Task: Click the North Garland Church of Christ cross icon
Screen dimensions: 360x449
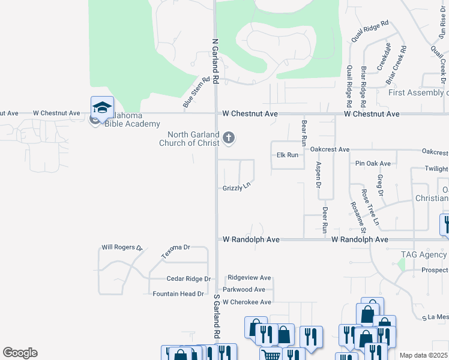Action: pos(228,139)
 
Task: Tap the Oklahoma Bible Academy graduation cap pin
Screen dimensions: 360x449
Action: pos(102,107)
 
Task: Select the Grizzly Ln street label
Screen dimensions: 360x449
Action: pos(236,188)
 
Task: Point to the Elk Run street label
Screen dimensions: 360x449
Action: pos(287,155)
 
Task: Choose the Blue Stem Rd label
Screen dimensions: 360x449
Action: pos(196,92)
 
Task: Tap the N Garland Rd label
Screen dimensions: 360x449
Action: pos(215,61)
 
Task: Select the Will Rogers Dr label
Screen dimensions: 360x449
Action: pos(122,247)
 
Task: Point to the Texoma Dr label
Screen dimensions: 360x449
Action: pos(175,251)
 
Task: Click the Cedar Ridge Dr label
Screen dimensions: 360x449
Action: pos(188,279)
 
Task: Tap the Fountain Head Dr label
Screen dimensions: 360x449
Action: pos(179,294)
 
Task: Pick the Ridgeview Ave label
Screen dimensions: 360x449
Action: pos(249,278)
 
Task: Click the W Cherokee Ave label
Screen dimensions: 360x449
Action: pos(247,302)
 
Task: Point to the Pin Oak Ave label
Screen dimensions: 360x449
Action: pos(373,163)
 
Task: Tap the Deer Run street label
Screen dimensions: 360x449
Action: pos(325,220)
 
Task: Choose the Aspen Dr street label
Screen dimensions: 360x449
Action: pos(318,174)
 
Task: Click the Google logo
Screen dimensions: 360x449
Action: pos(20,353)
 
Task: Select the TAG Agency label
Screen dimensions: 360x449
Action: pos(423,254)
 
